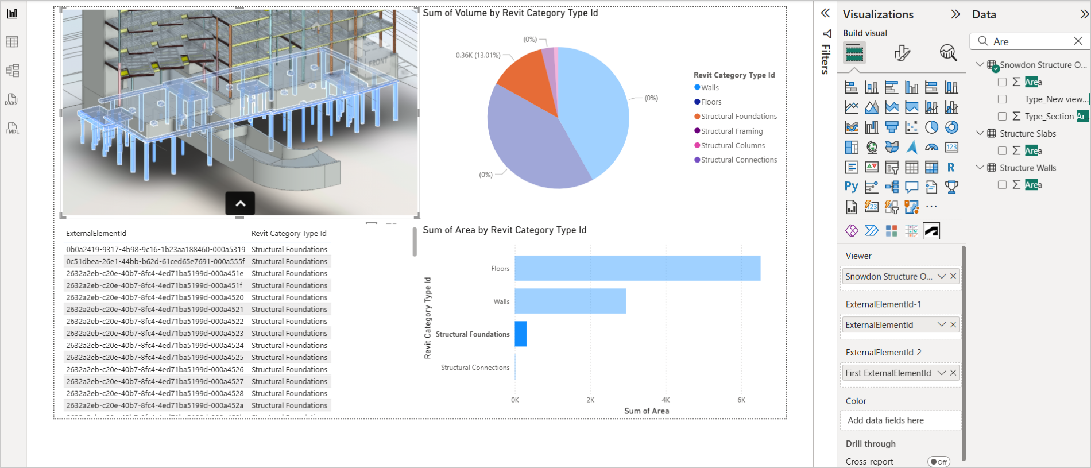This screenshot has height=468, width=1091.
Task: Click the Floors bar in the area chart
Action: tap(637, 268)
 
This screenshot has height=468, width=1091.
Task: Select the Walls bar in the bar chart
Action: tap(570, 301)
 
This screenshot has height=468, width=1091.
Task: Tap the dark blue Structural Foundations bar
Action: tap(521, 334)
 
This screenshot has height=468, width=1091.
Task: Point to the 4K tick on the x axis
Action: tap(666, 400)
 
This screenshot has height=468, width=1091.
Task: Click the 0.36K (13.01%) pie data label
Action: tap(478, 55)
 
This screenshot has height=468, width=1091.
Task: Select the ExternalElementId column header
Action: tap(96, 233)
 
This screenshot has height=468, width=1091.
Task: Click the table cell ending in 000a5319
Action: tap(156, 249)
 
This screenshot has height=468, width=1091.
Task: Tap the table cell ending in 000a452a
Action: tap(155, 405)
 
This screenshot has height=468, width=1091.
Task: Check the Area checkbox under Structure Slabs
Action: tap(1002, 150)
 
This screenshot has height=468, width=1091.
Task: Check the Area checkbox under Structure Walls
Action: tap(1002, 185)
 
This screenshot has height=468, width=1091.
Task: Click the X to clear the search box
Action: tap(1078, 41)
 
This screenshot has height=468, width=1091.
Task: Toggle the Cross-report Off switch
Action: tap(939, 462)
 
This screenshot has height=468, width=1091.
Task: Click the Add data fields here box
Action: tap(900, 420)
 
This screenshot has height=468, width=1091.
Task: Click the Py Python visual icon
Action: tap(851, 187)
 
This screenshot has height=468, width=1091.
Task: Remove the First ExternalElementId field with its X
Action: tap(953, 373)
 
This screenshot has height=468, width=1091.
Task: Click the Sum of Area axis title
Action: tap(647, 411)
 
